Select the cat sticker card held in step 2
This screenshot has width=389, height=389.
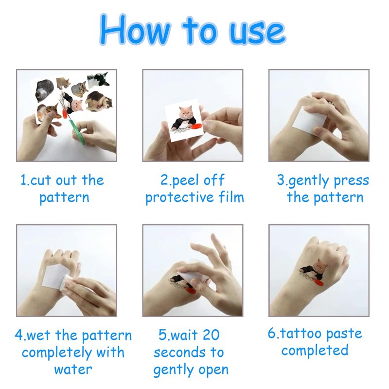(184, 120)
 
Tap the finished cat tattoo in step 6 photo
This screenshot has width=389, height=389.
(313, 272)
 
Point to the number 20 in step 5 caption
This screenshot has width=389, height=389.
(211, 335)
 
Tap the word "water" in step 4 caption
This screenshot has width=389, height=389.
(73, 370)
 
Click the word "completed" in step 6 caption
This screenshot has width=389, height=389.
(315, 350)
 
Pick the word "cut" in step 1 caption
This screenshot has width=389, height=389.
(41, 180)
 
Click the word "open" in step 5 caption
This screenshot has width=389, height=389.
(213, 371)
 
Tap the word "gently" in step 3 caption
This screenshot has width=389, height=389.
(309, 181)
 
